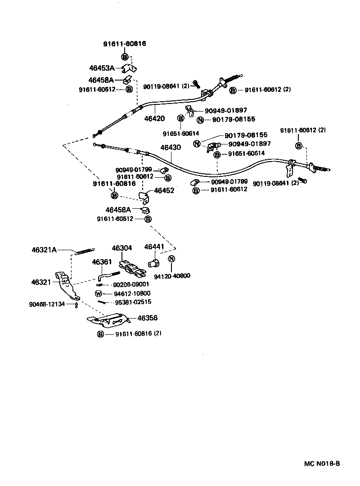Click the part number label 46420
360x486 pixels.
point(154,119)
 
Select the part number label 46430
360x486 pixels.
point(170,148)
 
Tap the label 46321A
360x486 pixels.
point(44,250)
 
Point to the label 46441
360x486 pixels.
point(154,247)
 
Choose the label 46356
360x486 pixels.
point(147,318)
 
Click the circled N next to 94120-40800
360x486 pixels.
point(171,259)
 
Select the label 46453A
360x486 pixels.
point(102,68)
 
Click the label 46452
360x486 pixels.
point(164,190)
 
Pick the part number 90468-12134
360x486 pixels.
point(47,304)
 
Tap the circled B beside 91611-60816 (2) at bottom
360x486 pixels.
point(100,334)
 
